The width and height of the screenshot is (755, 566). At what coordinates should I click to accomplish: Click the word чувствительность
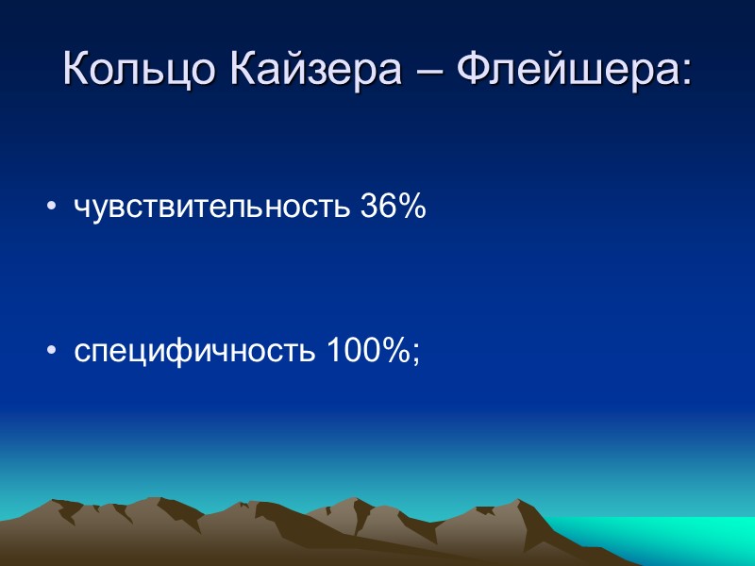click(x=213, y=208)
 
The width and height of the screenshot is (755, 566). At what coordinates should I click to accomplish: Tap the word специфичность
click(x=197, y=351)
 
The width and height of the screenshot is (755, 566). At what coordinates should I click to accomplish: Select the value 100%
click(x=369, y=351)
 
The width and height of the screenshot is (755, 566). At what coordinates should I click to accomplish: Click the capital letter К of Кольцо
click(x=75, y=69)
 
